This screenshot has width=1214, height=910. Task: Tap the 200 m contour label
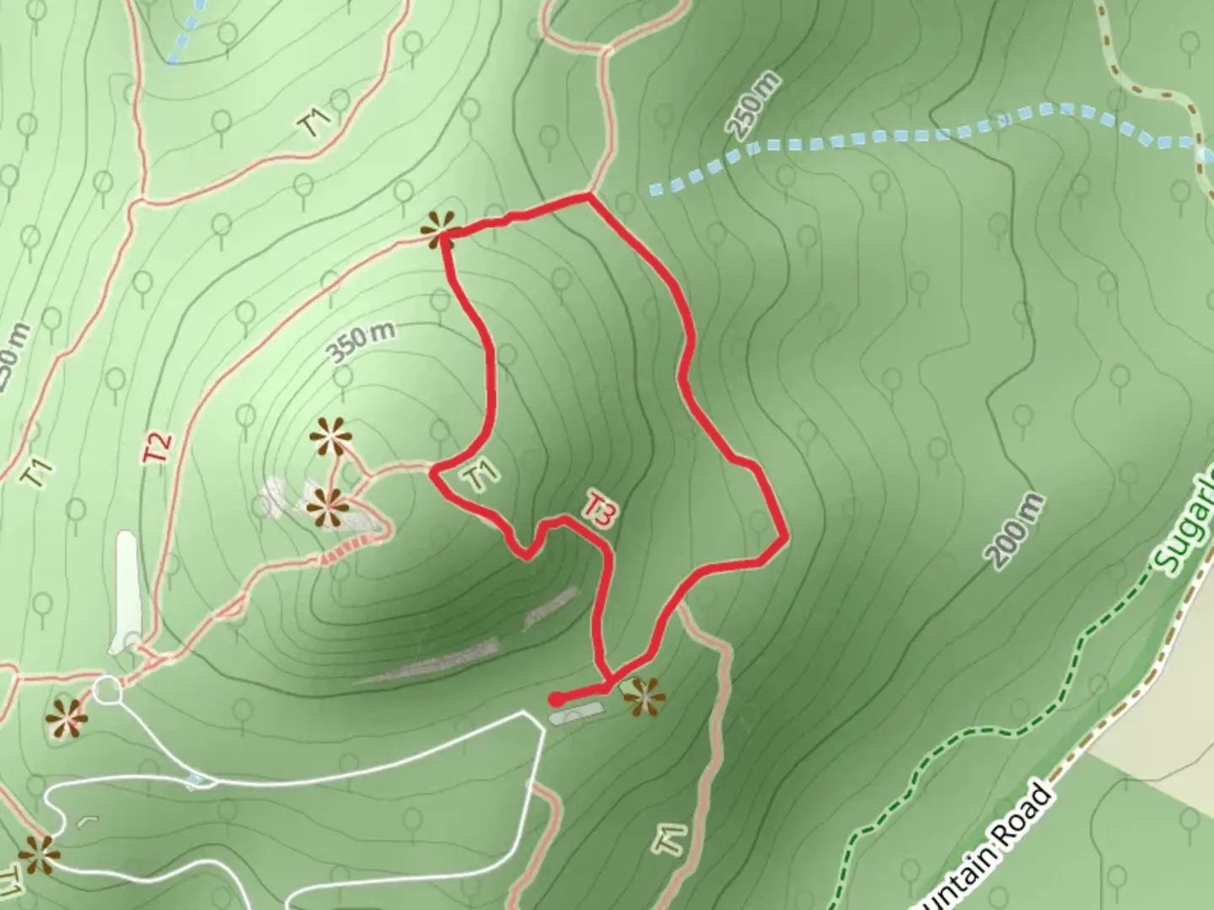1017,532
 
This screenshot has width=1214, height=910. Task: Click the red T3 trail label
599,511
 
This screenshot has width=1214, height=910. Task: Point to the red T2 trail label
158,446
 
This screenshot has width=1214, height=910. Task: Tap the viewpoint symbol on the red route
440,229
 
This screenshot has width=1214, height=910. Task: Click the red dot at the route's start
556,699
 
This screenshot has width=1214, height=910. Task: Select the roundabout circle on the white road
107,691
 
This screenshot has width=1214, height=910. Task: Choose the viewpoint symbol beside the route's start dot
645,698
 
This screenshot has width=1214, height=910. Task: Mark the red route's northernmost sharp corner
588,196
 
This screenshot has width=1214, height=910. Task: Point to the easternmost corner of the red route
786,537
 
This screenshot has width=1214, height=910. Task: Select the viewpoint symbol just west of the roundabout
66,718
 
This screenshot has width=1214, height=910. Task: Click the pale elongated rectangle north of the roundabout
126,591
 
